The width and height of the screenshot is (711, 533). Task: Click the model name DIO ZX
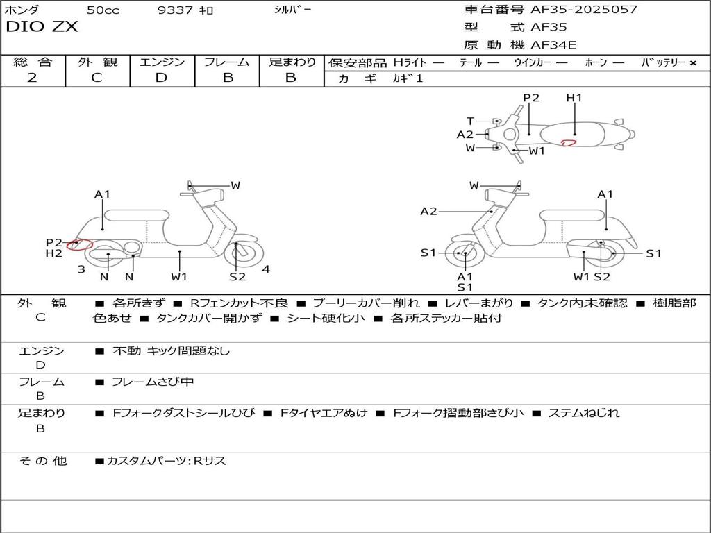[x=42, y=27]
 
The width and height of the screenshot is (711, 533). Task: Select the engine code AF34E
[x=553, y=46]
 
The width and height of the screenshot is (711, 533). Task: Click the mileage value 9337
[x=175, y=10]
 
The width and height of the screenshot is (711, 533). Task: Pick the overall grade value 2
[x=32, y=78]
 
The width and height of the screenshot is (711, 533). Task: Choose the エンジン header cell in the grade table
[x=162, y=62]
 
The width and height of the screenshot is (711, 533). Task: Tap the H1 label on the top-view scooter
[x=574, y=98]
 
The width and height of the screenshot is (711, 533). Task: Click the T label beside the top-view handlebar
[x=470, y=121]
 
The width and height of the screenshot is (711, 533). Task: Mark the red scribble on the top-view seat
[x=569, y=143]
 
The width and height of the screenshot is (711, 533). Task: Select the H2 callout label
[x=54, y=253]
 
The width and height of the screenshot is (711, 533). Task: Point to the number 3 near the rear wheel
[x=81, y=269]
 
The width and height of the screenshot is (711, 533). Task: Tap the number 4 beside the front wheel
[x=265, y=269]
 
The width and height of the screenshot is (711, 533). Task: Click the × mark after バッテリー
[x=693, y=63]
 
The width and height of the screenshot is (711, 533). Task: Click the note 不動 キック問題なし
[x=171, y=351]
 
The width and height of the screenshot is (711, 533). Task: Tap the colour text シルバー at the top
[x=293, y=10]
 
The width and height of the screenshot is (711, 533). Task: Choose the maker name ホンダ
[x=22, y=10]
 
